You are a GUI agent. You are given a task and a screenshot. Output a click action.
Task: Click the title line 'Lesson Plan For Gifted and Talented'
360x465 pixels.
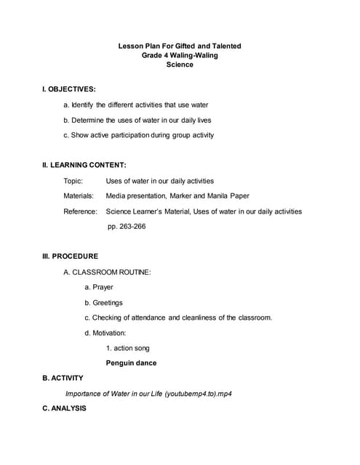coord(180,46)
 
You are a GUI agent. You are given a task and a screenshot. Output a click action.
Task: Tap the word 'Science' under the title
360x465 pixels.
coord(180,65)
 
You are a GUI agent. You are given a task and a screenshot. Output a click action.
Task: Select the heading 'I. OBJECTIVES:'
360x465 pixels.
coord(69,89)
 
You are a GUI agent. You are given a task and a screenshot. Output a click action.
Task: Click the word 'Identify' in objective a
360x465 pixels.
coord(84,105)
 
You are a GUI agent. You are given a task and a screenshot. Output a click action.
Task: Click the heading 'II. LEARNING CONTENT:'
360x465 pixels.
coord(84,165)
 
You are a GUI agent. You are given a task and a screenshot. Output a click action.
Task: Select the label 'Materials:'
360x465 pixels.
coord(79,195)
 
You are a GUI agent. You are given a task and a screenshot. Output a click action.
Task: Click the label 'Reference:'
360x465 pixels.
coord(80,211)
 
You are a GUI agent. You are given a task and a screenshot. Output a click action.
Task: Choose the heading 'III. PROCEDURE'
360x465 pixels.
coord(71,256)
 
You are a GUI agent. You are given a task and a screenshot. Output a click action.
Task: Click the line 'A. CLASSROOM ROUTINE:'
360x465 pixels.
coord(107,272)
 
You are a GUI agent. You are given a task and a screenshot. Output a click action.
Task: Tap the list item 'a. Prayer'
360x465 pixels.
coord(99,287)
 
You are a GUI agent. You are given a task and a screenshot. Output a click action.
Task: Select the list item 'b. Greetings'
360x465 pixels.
coord(103,302)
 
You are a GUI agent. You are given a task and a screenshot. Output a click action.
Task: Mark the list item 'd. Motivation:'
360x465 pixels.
coord(105,333)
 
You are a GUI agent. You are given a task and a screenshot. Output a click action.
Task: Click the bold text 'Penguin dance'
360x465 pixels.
coord(131,363)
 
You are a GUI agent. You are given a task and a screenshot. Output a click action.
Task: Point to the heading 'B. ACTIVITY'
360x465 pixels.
coord(63,378)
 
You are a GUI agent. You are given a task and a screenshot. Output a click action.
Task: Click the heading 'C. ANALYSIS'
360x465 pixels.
coord(64,408)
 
